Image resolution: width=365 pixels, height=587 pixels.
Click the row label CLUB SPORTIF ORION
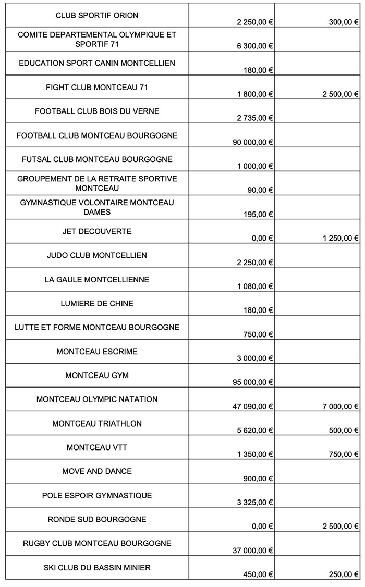pyautogui.click(x=97, y=15)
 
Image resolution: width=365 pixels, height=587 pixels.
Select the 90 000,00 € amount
pyautogui.click(x=253, y=142)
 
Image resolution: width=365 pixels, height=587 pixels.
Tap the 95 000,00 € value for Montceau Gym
pyautogui.click(x=253, y=382)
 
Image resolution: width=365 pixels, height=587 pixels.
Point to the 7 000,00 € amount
pyautogui.click(x=337, y=406)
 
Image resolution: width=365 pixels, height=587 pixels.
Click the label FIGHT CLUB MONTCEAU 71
pyautogui.click(x=97, y=88)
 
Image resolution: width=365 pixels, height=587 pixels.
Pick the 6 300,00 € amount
pyautogui.click(x=256, y=46)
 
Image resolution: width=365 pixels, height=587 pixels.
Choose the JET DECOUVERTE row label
pyautogui.click(x=97, y=231)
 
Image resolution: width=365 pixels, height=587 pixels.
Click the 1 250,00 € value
pyautogui.click(x=337, y=238)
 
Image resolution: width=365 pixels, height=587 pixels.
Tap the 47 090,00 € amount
pyautogui.click(x=253, y=406)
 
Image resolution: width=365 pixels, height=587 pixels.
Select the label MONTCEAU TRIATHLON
pyautogui.click(x=97, y=423)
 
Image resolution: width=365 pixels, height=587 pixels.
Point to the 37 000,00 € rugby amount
pyautogui.click(x=253, y=551)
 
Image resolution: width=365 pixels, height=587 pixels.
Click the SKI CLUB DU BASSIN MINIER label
pyautogui.click(x=97, y=567)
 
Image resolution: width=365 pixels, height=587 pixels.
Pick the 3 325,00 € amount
pyautogui.click(x=256, y=503)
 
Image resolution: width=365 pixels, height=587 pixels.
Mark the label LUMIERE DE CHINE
pyautogui.click(x=97, y=303)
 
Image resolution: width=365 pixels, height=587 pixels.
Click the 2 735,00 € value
pyautogui.click(x=256, y=118)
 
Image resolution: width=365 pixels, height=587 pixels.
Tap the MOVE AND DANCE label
pyautogui.click(x=97, y=471)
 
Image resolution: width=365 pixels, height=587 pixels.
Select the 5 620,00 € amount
pyautogui.click(x=256, y=430)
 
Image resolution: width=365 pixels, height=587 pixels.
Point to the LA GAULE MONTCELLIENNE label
pyautogui.click(x=97, y=280)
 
